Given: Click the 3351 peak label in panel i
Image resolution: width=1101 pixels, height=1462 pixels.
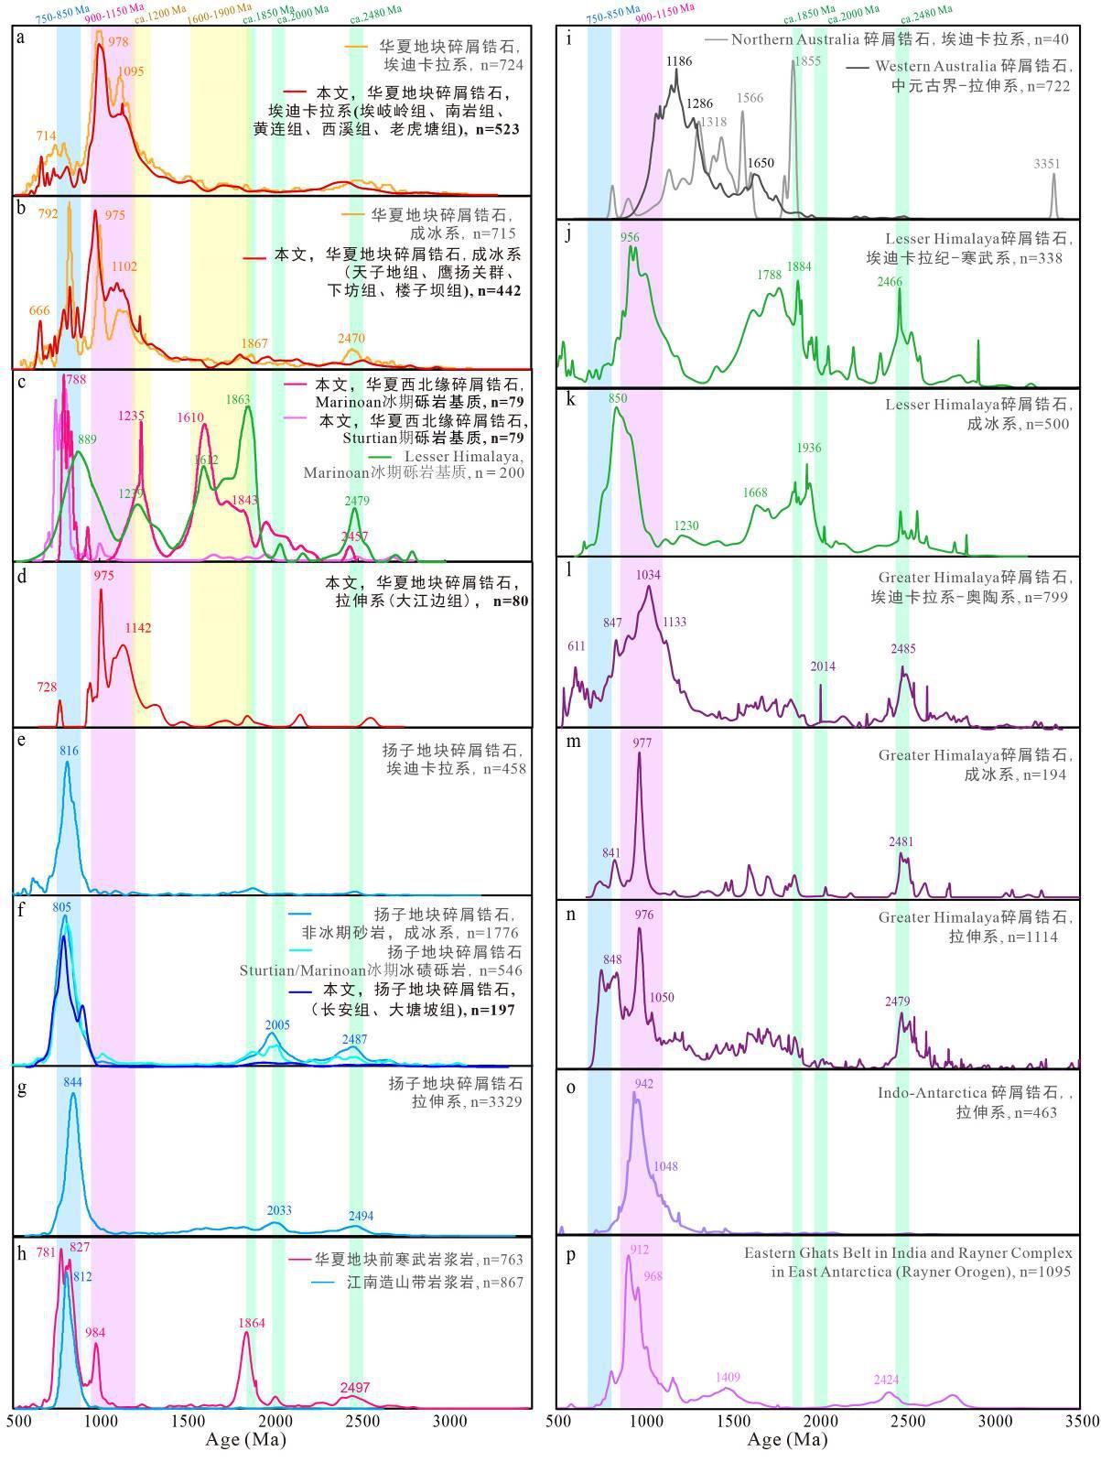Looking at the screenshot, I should pyautogui.click(x=1047, y=164).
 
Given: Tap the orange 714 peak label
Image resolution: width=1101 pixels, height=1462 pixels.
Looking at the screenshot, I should pyautogui.click(x=46, y=135).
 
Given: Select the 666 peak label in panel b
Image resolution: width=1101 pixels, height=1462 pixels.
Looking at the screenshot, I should pyautogui.click(x=39, y=310).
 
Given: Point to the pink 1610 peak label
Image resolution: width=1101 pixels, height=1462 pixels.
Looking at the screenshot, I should pyautogui.click(x=190, y=417).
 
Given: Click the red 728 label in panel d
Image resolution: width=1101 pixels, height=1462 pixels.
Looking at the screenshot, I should pyautogui.click(x=47, y=686).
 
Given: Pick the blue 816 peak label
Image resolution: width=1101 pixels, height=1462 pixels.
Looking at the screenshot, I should pyautogui.click(x=70, y=751).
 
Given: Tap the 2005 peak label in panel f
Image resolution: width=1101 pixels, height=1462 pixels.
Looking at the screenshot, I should pyautogui.click(x=277, y=1024).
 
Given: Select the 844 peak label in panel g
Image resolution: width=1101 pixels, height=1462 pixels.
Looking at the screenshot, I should pyautogui.click(x=73, y=1081).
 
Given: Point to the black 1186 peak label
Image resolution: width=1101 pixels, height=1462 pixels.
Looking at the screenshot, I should pyautogui.click(x=679, y=60).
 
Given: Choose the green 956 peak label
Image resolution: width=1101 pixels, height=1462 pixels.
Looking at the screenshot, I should pyautogui.click(x=630, y=237).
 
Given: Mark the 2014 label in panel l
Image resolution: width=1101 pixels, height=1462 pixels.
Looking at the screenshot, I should pyautogui.click(x=823, y=666).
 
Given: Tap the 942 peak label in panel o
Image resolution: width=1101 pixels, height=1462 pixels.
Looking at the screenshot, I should pyautogui.click(x=643, y=1083).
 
